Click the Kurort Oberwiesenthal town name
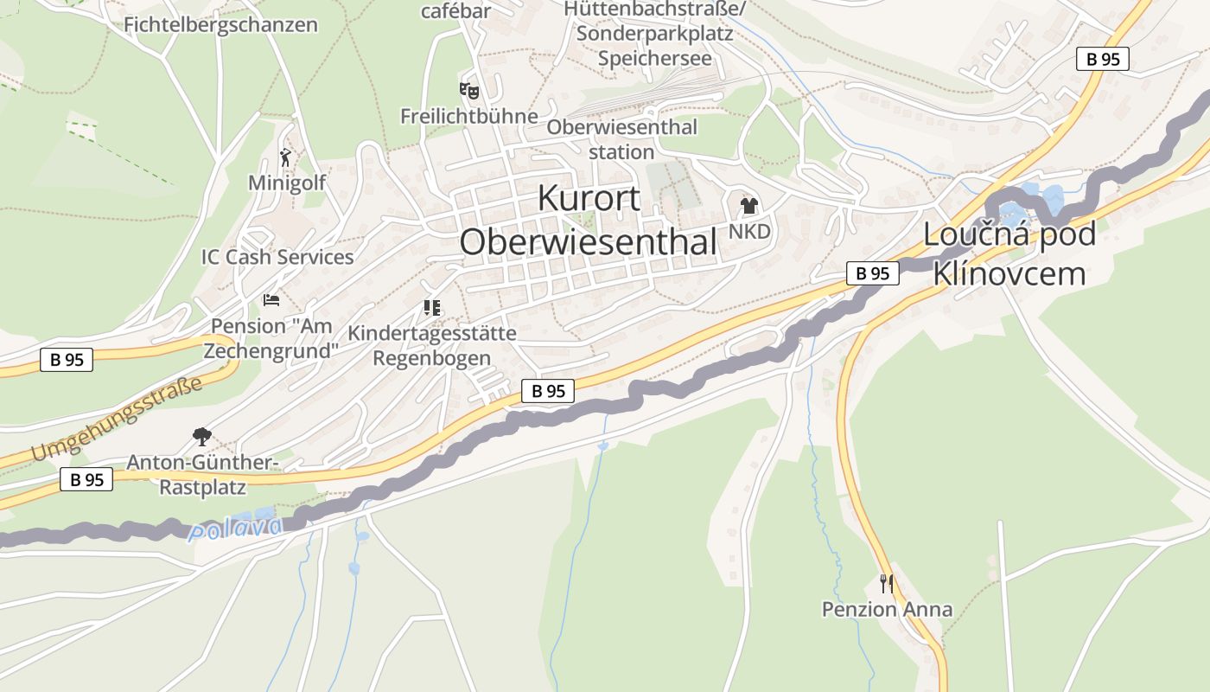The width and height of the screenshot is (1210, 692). (589, 221)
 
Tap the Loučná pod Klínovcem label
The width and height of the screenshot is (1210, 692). (1009, 253)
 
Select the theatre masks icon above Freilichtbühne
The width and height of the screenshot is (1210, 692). (468, 90)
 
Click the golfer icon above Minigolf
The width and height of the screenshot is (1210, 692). (286, 157)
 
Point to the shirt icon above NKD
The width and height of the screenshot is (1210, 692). (748, 206)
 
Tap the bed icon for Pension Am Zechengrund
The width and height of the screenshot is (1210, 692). (271, 300)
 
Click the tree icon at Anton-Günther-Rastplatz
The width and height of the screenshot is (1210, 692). (202, 436)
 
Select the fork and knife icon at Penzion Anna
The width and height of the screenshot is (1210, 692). (886, 583)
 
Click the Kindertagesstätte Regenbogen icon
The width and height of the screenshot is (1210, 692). (431, 307)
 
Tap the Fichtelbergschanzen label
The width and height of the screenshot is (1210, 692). (220, 24)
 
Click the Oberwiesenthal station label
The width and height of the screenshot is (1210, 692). (621, 139)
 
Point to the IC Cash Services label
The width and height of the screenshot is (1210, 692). (277, 257)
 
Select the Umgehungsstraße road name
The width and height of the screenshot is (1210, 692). (116, 420)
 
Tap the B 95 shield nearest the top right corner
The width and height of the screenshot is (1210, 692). (1102, 59)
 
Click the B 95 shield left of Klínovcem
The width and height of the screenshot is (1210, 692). (872, 273)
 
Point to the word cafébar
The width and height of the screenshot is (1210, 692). (455, 11)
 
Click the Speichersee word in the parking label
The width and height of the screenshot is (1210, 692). (654, 58)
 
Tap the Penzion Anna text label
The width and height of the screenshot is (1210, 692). (887, 609)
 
